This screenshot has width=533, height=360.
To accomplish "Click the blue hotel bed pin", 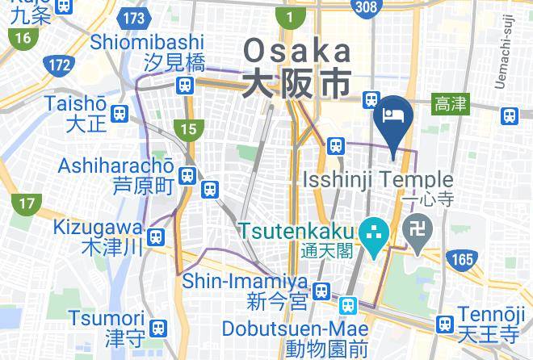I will coord(394,113).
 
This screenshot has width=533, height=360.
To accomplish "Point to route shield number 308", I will coord(364,7).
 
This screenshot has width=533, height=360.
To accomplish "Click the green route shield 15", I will coord(188,128).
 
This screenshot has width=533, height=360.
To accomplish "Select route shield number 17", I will coord(27,206).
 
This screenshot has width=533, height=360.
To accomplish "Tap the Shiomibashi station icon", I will coord(187,84).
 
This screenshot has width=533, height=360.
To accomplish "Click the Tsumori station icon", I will coord(159,326).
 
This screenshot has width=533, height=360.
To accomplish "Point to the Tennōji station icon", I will coord(443,324).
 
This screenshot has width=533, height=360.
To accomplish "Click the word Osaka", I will coord(298,51).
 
